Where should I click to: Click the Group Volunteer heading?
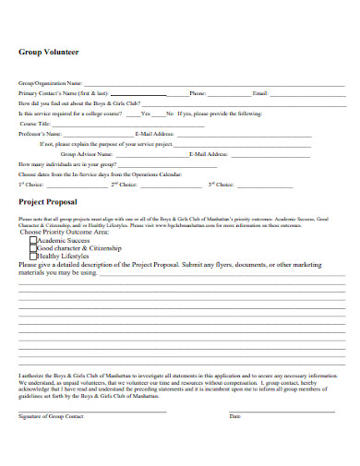click(x=49, y=53)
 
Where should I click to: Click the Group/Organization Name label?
click(x=44, y=84)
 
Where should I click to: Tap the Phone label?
click(x=198, y=94)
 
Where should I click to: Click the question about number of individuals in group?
click(x=69, y=164)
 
